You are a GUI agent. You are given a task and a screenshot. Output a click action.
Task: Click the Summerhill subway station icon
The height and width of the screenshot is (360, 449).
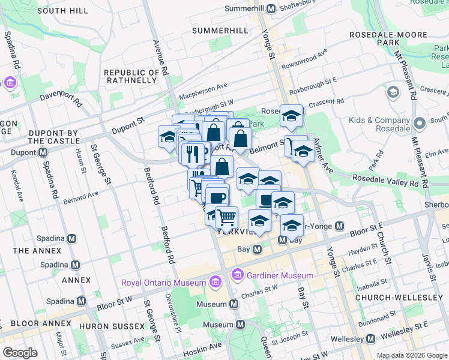[x=271, y=8]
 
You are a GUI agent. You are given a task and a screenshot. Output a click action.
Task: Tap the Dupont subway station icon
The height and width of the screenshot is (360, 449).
[x=43, y=152]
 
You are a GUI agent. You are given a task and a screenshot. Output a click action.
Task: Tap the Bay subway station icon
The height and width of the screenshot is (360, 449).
[x=257, y=249]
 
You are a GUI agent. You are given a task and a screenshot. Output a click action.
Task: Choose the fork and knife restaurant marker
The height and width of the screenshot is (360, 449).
[x=193, y=154]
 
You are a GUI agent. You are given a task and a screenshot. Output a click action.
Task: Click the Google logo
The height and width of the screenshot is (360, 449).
[x=20, y=352]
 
